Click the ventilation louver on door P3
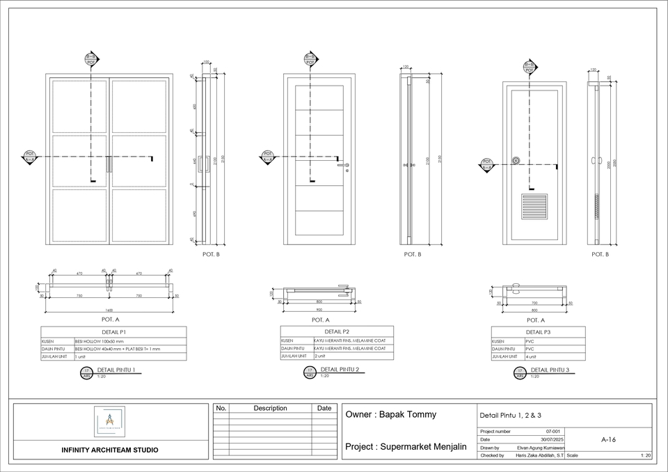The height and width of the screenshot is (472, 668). pos(534,207)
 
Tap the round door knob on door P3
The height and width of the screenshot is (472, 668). pos(516,161)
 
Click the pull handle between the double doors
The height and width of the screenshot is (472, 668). pos(109,164)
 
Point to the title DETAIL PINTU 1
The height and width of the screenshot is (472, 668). pos(116,370)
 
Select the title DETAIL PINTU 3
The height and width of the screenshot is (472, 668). pos(550,370)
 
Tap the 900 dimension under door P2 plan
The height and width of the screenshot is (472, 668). pos(319,310)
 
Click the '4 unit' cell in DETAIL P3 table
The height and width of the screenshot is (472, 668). pos(531,356)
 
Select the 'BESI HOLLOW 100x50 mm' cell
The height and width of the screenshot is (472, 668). pos(99,342)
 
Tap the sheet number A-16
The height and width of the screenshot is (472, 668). pos(607,440)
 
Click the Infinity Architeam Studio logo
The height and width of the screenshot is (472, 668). pos(109,421)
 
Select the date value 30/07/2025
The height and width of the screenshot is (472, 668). pos(548,439)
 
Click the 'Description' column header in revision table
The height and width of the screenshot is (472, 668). pos(270,408)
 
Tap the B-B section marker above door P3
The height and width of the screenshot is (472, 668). pos(530,67)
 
